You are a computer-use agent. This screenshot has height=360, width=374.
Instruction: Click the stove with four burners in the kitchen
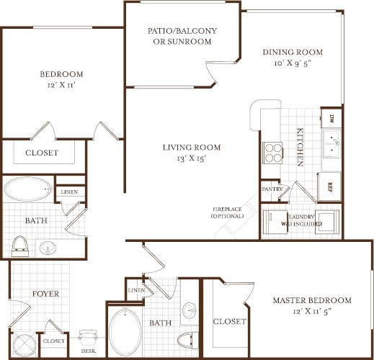coord(275,153)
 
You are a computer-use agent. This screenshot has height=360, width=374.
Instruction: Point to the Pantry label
coord(272,189)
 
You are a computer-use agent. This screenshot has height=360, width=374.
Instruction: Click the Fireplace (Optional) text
coord(228,212)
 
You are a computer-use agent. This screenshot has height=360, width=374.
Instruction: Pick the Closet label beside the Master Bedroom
coord(230,321)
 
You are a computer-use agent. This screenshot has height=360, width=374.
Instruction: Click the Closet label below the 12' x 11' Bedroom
coord(42,153)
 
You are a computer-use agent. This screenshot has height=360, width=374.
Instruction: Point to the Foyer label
coord(45,294)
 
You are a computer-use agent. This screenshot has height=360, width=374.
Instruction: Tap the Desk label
coord(88,351)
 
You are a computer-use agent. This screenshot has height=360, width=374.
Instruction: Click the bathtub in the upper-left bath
coord(28,190)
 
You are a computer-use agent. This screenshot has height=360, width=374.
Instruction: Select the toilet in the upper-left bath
coord(20,246)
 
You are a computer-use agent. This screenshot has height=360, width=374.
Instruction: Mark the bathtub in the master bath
coord(126,330)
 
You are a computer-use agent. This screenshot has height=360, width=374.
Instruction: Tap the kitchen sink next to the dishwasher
coord(333,144)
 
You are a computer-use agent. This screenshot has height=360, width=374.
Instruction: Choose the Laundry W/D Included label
coord(300,219)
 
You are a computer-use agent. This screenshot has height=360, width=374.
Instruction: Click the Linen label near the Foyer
coord(135,289)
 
